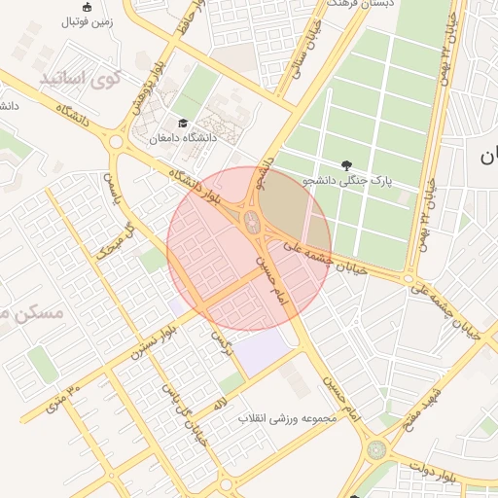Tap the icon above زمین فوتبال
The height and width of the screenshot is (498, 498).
point(89,7)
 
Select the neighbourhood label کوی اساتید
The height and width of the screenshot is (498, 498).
point(81,78)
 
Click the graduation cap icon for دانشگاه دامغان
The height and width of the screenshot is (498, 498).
point(182,123)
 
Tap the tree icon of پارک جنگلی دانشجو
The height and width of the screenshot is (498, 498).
point(347,164)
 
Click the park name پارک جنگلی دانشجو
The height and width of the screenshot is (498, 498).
point(346,181)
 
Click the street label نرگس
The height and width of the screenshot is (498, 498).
point(223,339)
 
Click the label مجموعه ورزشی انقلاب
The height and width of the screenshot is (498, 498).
point(287,418)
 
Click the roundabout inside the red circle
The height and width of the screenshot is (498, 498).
point(254,223)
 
